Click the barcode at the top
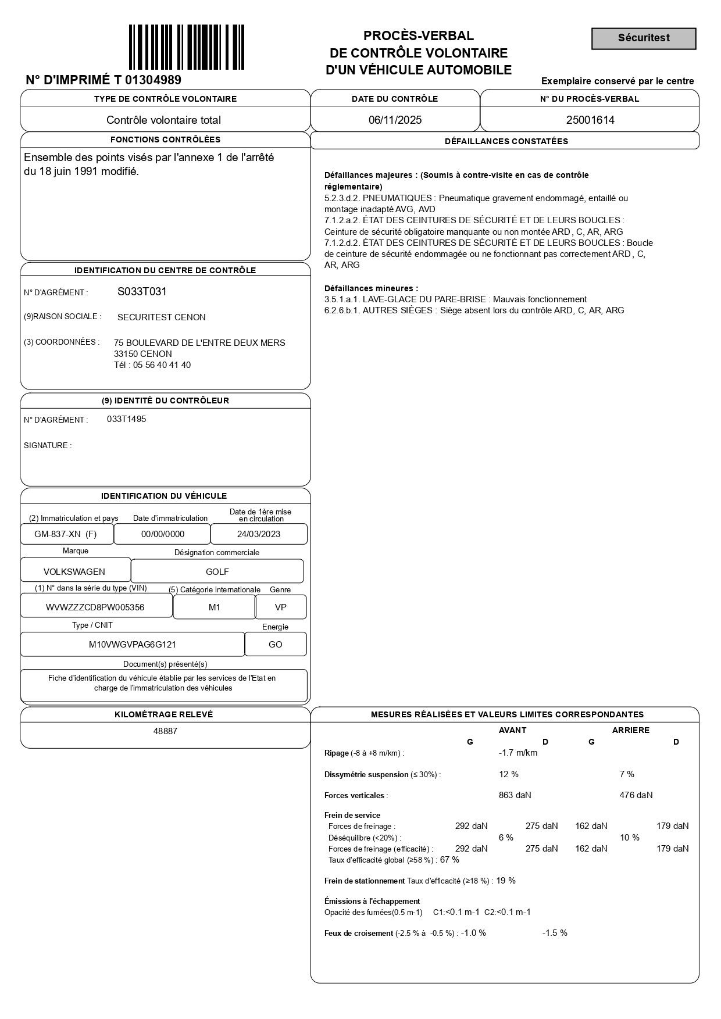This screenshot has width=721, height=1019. (x=186, y=47)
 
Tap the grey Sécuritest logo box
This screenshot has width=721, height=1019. (x=644, y=38)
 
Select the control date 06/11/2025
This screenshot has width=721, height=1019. (x=395, y=120)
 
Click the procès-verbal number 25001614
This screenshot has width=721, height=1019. (x=590, y=120)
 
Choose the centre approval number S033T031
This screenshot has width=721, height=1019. (x=142, y=292)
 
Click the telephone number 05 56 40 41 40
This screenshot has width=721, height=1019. (x=162, y=365)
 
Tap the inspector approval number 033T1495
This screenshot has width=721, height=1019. (x=127, y=419)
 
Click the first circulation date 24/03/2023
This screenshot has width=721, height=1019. (x=259, y=534)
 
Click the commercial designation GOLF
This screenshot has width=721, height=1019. (x=217, y=572)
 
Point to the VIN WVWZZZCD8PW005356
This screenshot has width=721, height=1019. (x=95, y=607)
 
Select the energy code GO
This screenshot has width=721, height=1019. (x=276, y=645)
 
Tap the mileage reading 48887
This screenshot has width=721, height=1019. (x=165, y=731)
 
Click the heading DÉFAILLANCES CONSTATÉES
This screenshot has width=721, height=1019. (x=506, y=141)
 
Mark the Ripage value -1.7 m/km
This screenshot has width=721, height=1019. (x=518, y=753)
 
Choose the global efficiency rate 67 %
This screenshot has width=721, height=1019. (x=449, y=860)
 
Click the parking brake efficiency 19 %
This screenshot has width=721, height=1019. (x=506, y=881)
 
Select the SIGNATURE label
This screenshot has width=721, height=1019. (x=48, y=446)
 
